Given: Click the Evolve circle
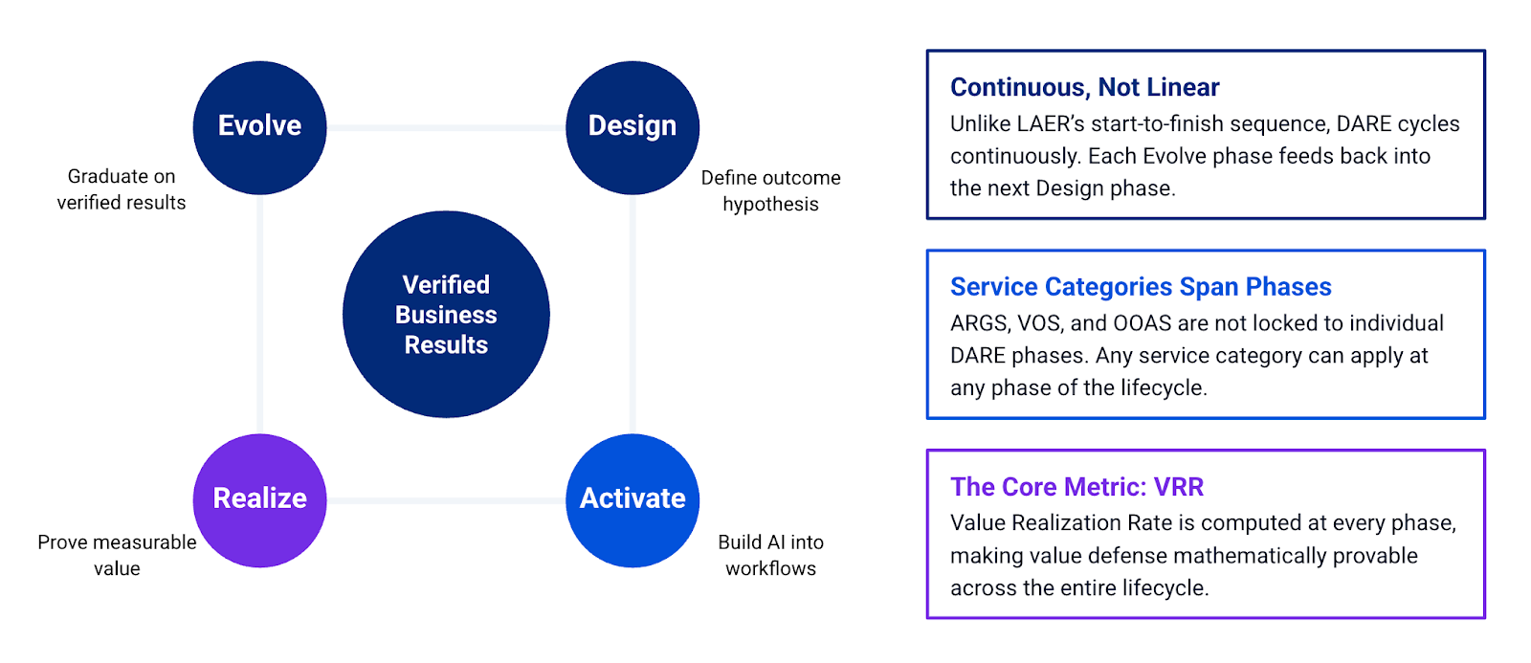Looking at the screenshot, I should [x=259, y=127].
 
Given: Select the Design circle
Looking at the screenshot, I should [x=632, y=127].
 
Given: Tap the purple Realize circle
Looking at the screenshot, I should [x=259, y=499].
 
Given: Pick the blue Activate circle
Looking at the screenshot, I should [x=632, y=499].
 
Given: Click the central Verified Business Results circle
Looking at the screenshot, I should [x=446, y=314].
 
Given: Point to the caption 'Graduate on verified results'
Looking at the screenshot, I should [x=122, y=189].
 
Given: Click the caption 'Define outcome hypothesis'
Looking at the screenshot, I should [x=770, y=190].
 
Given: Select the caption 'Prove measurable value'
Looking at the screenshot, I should [x=117, y=555].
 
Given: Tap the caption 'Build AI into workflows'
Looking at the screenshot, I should [x=770, y=555].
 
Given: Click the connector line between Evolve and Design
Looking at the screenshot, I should [x=446, y=127].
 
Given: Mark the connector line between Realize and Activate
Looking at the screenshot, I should [x=446, y=500].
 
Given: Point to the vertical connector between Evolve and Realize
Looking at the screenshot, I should [x=259, y=314].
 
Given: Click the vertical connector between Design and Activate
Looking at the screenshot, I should [x=632, y=314].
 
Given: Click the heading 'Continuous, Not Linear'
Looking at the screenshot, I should [x=1084, y=87].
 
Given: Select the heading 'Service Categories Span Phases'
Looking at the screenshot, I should [x=1140, y=287].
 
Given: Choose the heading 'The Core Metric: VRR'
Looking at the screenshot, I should [x=1076, y=487].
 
